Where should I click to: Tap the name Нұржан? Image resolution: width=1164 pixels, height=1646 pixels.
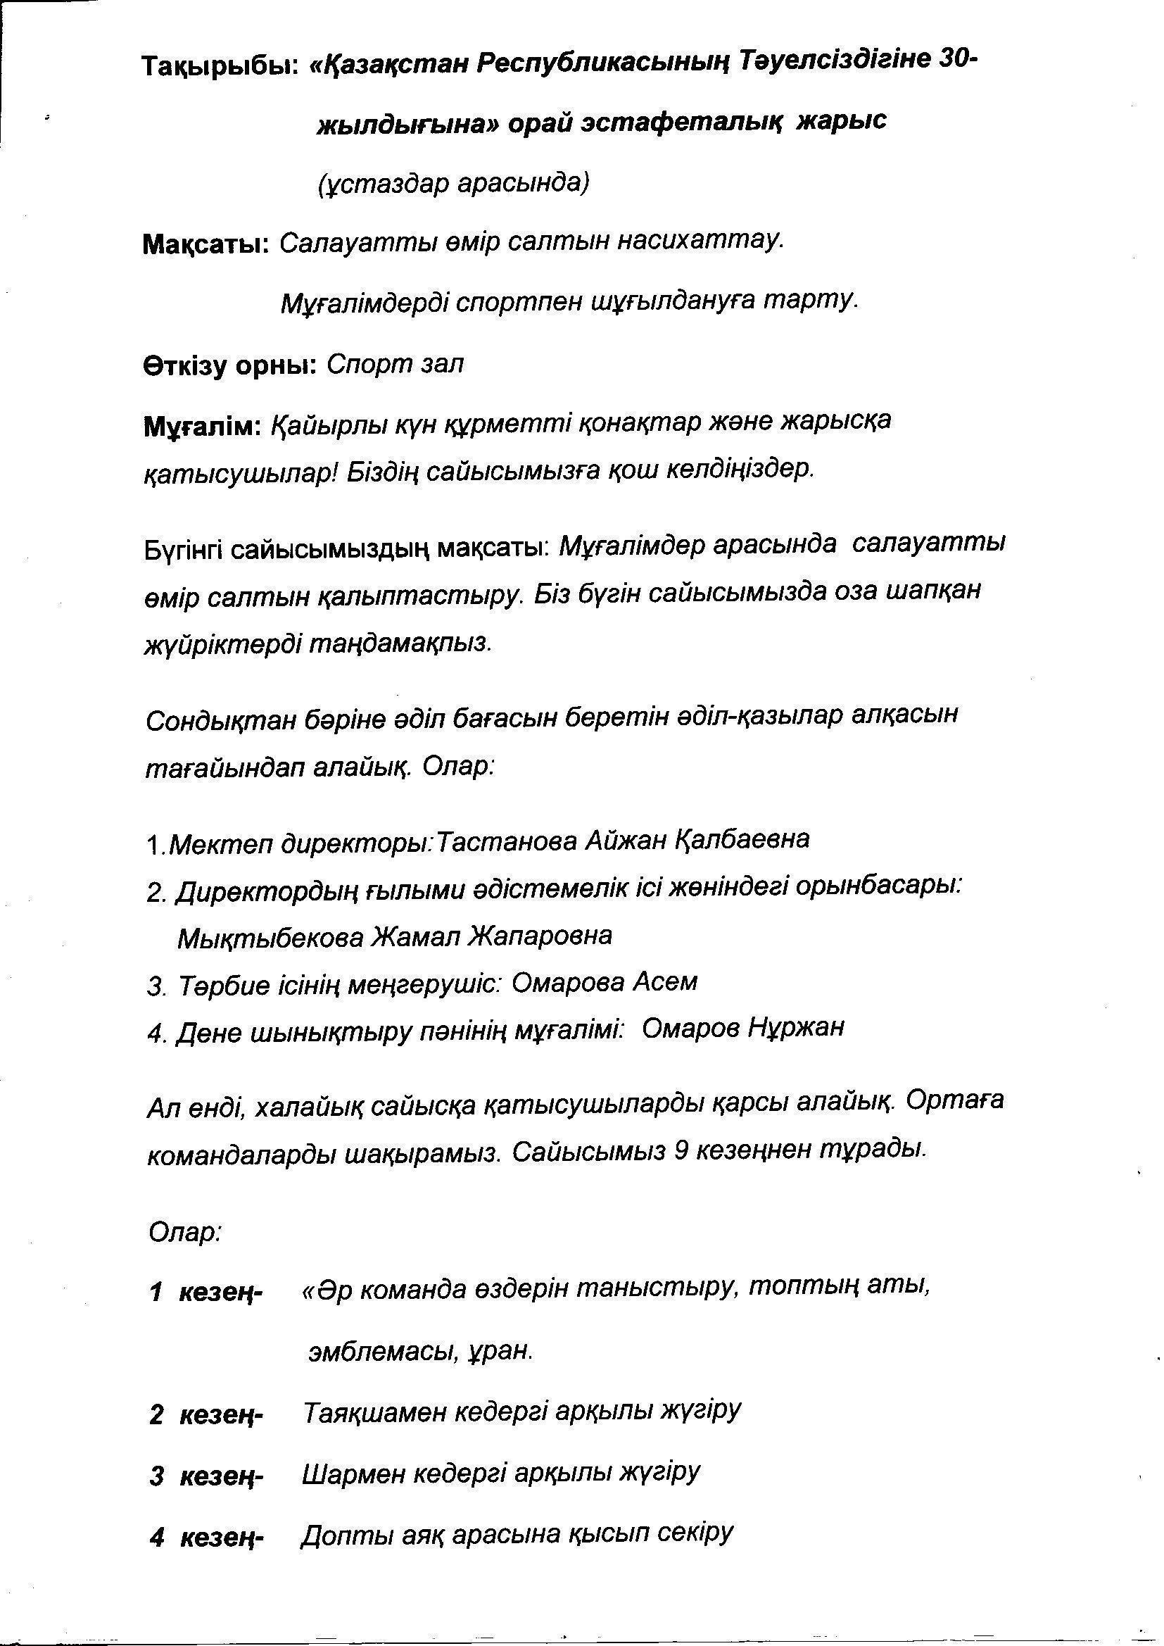[x=797, y=1028]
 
